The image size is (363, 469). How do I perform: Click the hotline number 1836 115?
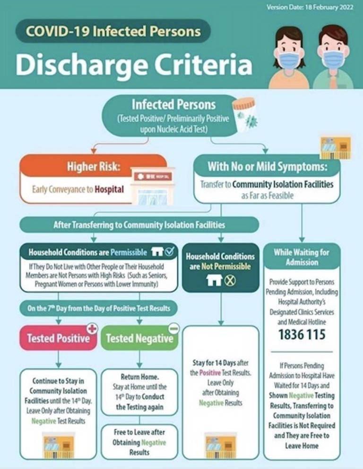pos(302,334)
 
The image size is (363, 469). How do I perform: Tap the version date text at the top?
pos(310,7)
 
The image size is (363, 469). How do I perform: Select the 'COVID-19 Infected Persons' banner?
pos(113,31)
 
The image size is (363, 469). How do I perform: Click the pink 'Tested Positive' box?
pos(59,338)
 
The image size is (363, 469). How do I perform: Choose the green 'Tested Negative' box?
pos(139,338)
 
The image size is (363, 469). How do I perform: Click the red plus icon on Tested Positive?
pos(92,329)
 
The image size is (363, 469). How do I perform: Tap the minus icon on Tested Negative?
pos(173,329)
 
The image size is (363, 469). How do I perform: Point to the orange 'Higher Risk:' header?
pos(93,166)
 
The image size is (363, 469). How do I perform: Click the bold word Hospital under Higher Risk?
pos(109,189)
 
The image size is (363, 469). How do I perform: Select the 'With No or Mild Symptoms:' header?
pos(267,166)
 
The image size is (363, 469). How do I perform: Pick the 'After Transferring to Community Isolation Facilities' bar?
pos(139,225)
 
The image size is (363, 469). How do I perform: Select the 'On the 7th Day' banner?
pos(98,308)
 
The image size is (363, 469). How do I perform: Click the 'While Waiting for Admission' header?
pos(302,257)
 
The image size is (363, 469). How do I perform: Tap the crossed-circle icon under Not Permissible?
pos(230,280)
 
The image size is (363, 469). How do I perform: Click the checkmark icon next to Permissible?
pos(169,252)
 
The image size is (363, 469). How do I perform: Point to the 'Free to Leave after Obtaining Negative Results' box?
pos(139,442)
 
